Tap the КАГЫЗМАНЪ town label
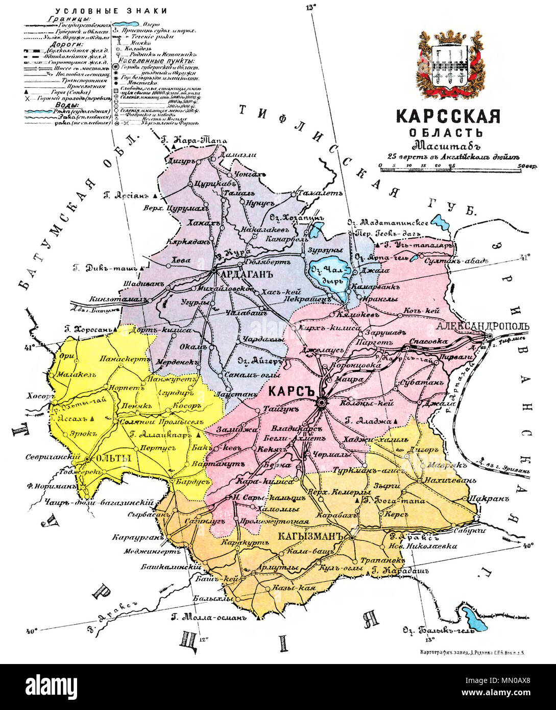click(309, 537)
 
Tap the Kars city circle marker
click(321, 403)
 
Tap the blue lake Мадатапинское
click(438, 222)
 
